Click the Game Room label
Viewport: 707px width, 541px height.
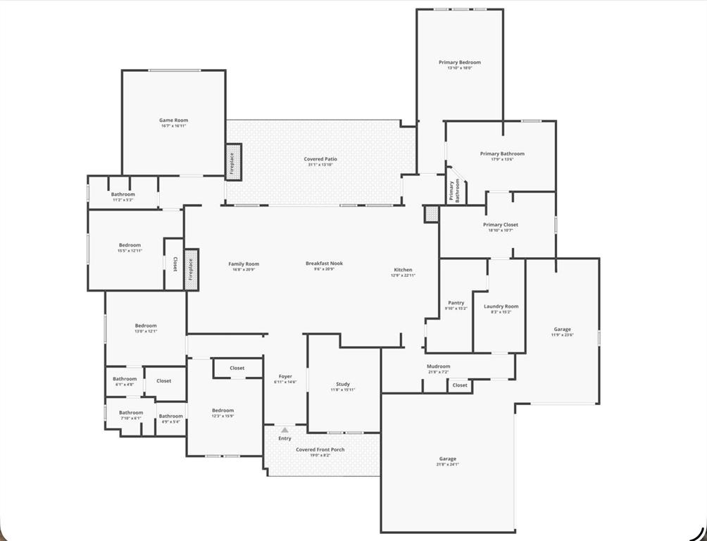[x=173, y=120]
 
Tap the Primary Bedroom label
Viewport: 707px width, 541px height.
[x=459, y=63]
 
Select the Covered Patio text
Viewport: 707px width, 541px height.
[x=320, y=159]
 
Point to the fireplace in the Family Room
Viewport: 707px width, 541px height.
[x=191, y=269]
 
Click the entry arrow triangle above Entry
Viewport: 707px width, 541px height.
[x=284, y=429]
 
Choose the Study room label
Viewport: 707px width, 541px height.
[x=343, y=384]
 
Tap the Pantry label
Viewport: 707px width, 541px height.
[x=456, y=303]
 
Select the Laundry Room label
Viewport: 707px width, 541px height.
[x=501, y=306]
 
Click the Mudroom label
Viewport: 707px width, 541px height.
[x=438, y=366]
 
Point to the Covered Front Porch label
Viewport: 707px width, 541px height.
[x=320, y=449]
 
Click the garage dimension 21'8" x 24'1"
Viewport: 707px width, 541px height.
[x=448, y=464]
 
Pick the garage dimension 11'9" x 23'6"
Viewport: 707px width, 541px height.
[x=562, y=335]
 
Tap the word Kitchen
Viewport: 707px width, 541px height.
[x=403, y=270]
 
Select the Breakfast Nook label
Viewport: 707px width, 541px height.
[x=324, y=263]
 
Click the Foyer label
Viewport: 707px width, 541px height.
[x=285, y=376]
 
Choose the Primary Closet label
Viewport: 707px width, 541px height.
[x=500, y=225]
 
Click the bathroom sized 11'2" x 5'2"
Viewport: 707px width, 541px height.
[x=123, y=200]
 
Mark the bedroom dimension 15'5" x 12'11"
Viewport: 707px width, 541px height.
[x=130, y=251]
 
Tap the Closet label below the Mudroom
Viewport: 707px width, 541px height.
[x=460, y=385]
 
